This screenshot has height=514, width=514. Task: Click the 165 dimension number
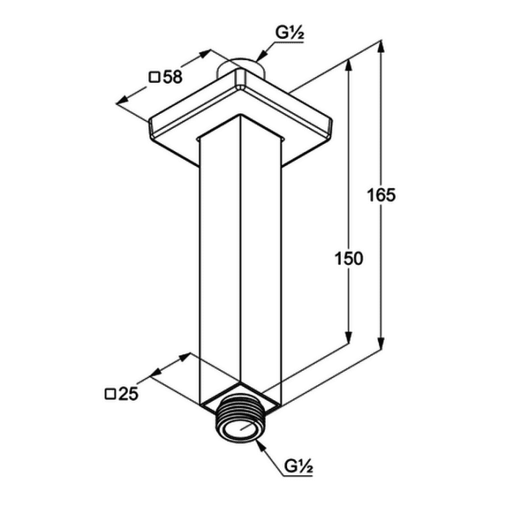(x=381, y=195)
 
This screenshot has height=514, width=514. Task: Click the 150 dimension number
(x=349, y=258)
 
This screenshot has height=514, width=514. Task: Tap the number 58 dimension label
(x=173, y=77)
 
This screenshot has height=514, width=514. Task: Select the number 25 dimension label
(x=128, y=394)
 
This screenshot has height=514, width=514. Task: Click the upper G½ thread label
(x=289, y=33)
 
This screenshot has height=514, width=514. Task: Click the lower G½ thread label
(x=298, y=466)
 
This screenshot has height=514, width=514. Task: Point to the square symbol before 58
(x=154, y=78)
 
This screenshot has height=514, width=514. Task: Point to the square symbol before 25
(x=110, y=394)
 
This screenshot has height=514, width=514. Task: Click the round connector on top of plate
(x=241, y=68)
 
